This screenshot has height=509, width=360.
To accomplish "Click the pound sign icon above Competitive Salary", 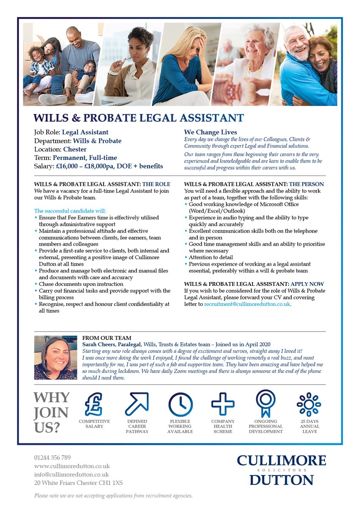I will [94, 404].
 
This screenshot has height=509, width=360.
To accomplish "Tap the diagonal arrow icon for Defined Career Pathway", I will [137, 404].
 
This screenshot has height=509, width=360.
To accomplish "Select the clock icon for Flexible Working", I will [180, 404].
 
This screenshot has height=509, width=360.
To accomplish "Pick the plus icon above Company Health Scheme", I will [223, 404].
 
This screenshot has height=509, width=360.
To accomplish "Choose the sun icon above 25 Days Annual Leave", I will [309, 404].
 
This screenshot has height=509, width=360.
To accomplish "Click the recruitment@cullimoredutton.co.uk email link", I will [247, 304].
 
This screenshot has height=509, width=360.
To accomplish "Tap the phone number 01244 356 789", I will [53, 458].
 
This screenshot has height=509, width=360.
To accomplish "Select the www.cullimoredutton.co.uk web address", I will [72, 466].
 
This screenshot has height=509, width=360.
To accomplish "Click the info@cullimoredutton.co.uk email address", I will [71, 475].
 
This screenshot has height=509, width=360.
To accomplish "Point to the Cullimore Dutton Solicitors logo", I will [281, 470].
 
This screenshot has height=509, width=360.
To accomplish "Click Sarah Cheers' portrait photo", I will [55, 358].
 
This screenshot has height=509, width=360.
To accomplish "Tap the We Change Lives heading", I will [211, 132].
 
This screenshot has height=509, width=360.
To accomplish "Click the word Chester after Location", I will [75, 149].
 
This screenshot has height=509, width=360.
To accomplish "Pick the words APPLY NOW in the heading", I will [307, 284].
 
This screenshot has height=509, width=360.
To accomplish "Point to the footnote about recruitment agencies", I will [113, 495].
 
